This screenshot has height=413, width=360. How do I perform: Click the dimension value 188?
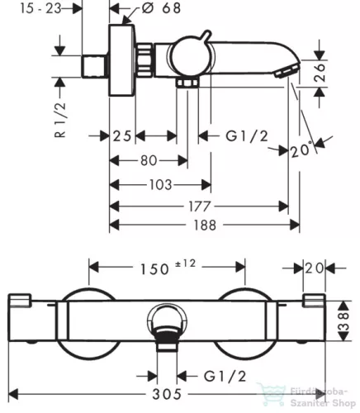205,225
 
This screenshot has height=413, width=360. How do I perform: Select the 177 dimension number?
200,206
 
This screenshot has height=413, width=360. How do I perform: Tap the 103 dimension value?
161,185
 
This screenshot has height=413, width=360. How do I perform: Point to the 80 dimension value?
149,160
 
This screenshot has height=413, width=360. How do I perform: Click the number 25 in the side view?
122,136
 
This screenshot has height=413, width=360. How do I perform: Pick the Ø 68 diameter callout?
162,7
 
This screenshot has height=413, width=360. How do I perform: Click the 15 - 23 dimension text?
40,8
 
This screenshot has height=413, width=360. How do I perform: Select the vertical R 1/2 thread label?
61,120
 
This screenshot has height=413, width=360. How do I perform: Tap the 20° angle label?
301,150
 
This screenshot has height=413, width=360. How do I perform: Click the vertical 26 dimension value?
320,73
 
